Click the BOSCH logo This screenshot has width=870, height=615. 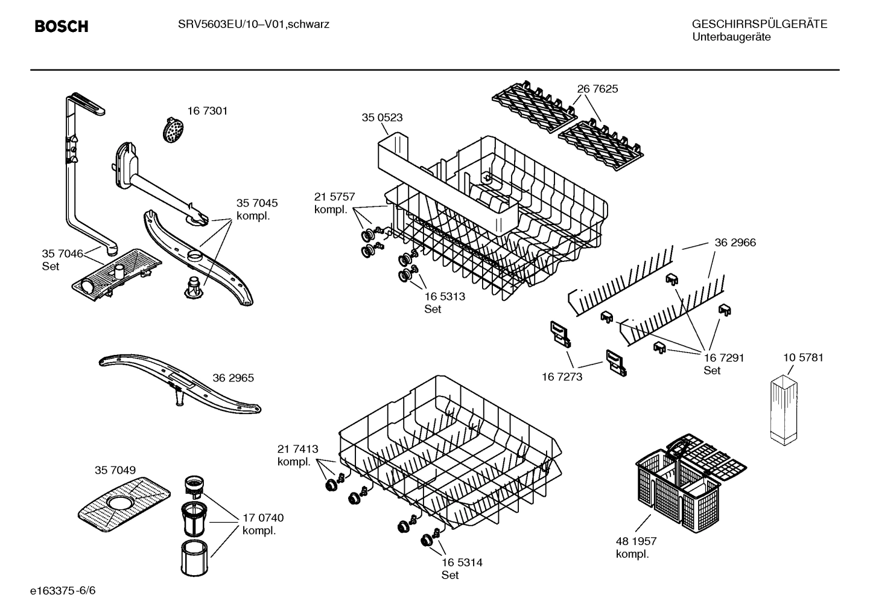[62, 27]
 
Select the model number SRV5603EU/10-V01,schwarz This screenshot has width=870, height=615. [253, 25]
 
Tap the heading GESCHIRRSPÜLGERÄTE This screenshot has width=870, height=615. [759, 24]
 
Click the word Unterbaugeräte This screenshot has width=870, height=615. [731, 37]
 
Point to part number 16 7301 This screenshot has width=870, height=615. [208, 111]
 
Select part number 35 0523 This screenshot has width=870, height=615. [382, 118]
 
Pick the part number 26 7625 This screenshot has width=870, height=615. [597, 89]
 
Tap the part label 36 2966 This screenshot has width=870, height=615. [735, 243]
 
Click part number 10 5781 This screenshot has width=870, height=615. [803, 357]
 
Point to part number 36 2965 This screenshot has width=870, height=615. [233, 378]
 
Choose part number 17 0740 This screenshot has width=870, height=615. [262, 518]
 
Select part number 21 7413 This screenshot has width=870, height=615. [297, 449]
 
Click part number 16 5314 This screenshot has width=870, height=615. [462, 562]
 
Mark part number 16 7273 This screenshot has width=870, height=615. [562, 377]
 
